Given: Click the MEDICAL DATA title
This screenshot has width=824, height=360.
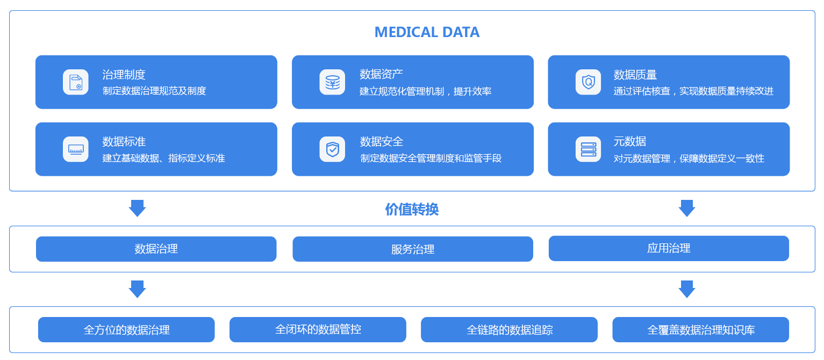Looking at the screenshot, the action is pos(427,32).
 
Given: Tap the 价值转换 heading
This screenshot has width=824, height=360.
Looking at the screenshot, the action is pos(412,209).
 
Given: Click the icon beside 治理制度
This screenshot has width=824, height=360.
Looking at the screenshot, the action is pos(76,82).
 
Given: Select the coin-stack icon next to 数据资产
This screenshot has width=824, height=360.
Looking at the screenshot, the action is pos(332,82).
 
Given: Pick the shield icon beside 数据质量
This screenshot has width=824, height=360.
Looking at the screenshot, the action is pos(588,82).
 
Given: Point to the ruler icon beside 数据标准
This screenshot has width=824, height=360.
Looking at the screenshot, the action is pos(76,149).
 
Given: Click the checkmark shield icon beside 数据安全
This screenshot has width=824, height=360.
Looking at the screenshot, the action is pos(332,149).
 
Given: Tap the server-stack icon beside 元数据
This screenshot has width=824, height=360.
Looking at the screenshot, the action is pos(588,149).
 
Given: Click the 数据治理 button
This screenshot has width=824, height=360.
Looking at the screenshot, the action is pos(156,249).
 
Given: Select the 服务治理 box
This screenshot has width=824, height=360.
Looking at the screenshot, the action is pos(413,249).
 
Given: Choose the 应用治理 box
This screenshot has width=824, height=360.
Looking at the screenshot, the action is pos(669,248).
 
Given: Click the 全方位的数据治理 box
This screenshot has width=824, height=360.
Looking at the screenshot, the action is pos(126,329).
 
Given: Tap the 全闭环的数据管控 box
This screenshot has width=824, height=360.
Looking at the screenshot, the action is pos(318,329).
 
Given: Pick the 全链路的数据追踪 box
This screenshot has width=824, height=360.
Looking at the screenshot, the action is pos(509,329).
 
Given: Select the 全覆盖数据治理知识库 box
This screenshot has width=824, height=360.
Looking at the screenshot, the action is pos(701,329).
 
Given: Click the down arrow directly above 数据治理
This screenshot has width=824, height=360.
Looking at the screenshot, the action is pos(137,208).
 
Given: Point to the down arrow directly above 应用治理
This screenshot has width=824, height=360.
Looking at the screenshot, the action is pos(687,208).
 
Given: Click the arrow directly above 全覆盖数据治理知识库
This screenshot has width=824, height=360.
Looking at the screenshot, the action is pos(687,289).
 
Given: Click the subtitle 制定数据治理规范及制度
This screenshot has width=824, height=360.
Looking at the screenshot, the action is pos(154,91).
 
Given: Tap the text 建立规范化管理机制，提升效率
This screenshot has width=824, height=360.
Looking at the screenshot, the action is pos(425,91).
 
